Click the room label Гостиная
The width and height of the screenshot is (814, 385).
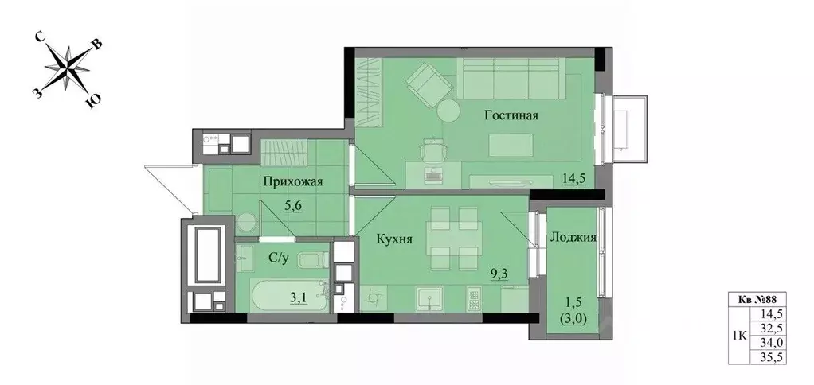(x=511, y=115)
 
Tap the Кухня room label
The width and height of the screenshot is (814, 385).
(x=394, y=237)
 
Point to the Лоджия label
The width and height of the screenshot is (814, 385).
(x=573, y=236)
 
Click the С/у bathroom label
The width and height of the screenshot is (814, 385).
(x=279, y=257)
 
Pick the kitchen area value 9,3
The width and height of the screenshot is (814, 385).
(x=500, y=275)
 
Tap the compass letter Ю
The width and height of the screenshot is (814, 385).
(x=93, y=101)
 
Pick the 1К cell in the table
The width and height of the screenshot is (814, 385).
(x=739, y=335)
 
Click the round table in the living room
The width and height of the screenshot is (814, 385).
(x=447, y=111)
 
